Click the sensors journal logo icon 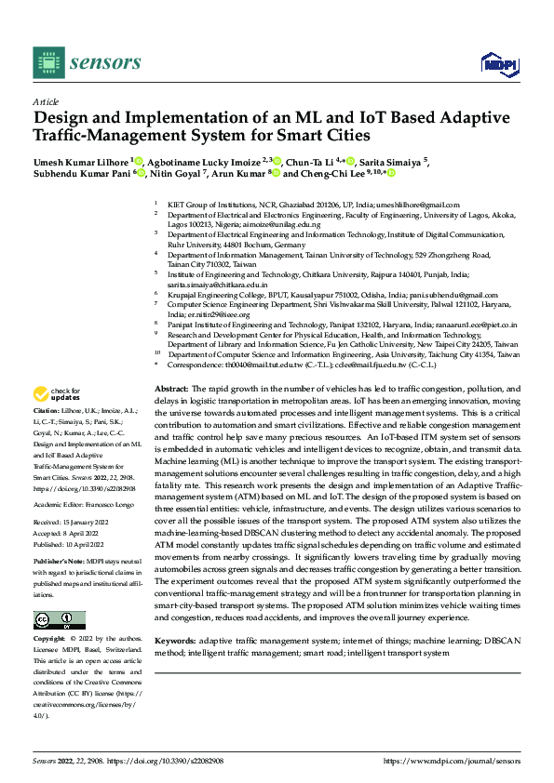point(46,61)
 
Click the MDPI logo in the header point(497,63)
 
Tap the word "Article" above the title point(45,100)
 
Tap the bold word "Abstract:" point(171,387)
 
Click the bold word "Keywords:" point(175,616)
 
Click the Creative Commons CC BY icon point(59,594)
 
